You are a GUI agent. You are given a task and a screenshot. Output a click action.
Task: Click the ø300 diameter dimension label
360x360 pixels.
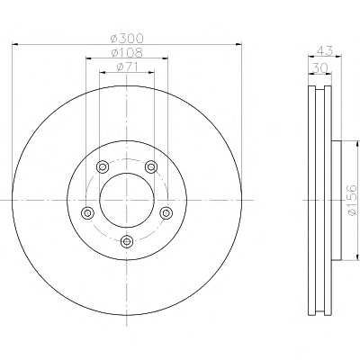click(x=127, y=39)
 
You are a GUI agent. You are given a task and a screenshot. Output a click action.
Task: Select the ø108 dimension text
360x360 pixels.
click(x=127, y=53)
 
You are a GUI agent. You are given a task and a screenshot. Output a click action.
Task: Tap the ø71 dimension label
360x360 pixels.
click(x=127, y=67)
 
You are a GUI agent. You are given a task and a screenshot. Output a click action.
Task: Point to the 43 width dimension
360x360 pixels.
click(x=325, y=50)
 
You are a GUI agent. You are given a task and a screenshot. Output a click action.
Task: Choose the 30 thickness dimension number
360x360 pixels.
click(x=319, y=68)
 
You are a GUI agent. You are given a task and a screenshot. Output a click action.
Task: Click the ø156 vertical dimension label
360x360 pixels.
click(x=352, y=200)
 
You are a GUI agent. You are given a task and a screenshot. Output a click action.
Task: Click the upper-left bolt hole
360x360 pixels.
click(x=103, y=166)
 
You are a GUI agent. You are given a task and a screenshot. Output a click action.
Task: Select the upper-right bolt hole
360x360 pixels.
click(x=151, y=166)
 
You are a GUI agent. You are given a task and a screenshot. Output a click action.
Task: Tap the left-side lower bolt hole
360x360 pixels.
click(x=87, y=213)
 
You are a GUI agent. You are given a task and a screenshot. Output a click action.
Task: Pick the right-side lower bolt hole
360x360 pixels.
click(x=166, y=213)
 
